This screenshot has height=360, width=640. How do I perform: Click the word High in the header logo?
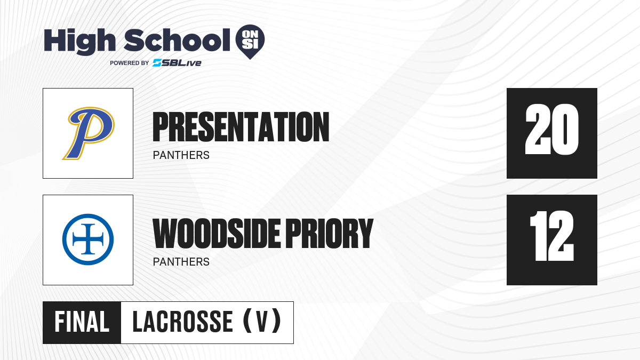pyautogui.click(x=79, y=41)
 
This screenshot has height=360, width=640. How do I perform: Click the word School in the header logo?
pyautogui.click(x=177, y=40)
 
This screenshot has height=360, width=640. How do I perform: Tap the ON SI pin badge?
pyautogui.click(x=250, y=42)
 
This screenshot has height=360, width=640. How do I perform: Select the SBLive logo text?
pyautogui.click(x=177, y=63)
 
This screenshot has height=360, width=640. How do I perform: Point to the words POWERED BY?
pyautogui.click(x=130, y=63)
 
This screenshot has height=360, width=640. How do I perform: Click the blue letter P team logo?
pyautogui.click(x=89, y=133)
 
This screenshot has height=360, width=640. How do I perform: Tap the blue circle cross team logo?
pyautogui.click(x=88, y=239)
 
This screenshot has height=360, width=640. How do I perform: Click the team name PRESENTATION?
pyautogui.click(x=241, y=127)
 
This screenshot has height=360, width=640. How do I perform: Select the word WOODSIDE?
pyautogui.click(x=217, y=234)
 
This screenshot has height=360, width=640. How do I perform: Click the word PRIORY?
pyautogui.click(x=330, y=234)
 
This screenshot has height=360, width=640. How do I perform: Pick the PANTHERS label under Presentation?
pyautogui.click(x=181, y=155)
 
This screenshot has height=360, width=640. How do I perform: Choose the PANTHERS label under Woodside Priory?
pyautogui.click(x=181, y=262)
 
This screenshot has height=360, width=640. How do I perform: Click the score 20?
pyautogui.click(x=552, y=130)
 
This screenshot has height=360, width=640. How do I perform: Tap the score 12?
pyautogui.click(x=551, y=236)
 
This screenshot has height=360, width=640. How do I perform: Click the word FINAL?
pyautogui.click(x=82, y=322)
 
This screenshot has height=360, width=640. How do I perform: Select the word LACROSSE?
pyautogui.click(x=183, y=322)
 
